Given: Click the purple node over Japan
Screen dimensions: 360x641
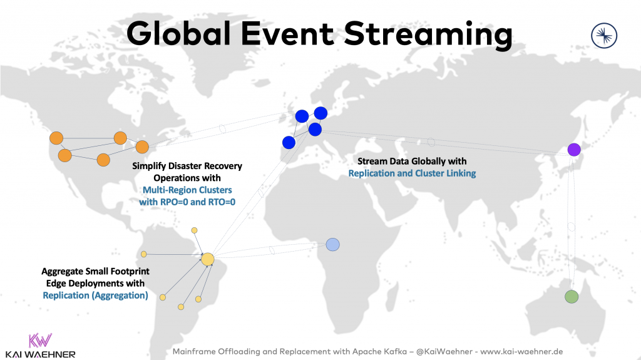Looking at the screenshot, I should pos(574,150).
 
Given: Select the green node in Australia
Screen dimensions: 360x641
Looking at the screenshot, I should pos(571,297).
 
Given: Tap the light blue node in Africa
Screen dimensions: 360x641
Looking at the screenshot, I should pos(332,244).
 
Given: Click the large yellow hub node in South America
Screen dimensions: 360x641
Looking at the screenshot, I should pos(208,259).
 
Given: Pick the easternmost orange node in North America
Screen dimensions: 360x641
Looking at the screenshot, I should pos(142,147).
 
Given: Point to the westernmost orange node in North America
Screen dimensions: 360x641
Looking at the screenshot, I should pos(56,138).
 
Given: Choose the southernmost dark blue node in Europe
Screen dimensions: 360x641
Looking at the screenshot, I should pos(289,143).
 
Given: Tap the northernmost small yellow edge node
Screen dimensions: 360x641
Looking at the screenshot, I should pos(194,230).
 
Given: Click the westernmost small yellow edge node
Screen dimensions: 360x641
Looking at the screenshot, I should pos(143,254).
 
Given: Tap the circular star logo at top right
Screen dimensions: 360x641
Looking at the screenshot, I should pos(605,35).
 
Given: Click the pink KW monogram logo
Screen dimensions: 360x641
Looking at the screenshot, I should pos(41,340).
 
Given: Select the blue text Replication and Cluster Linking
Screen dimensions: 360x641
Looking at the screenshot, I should pos(412,173).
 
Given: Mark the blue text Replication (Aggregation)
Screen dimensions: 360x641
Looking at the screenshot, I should pos(95,296).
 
